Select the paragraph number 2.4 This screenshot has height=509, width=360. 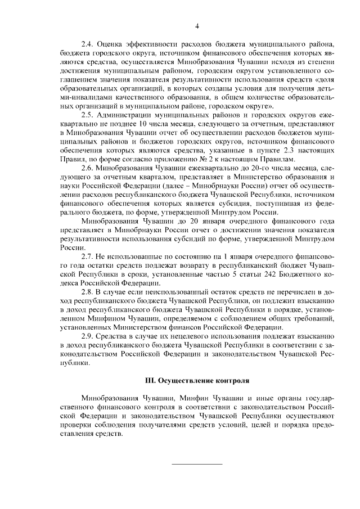pos(87,43)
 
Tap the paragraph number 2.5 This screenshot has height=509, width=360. pos(87,114)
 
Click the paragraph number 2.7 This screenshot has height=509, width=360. pos(87,256)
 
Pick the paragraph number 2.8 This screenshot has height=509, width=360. pos(87,292)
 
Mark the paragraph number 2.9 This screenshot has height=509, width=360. pos(87,336)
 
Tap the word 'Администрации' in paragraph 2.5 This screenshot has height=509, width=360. pos(125,114)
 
